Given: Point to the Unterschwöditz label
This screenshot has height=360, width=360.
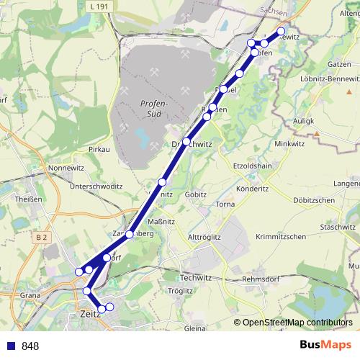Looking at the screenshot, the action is (96, 186).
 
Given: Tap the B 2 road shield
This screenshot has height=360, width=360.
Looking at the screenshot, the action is (41, 236).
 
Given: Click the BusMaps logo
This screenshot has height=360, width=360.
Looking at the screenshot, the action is (325, 346).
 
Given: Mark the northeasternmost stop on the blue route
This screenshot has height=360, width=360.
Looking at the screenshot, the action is (282, 31).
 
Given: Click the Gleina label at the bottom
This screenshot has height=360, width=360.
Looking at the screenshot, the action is (195, 328).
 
